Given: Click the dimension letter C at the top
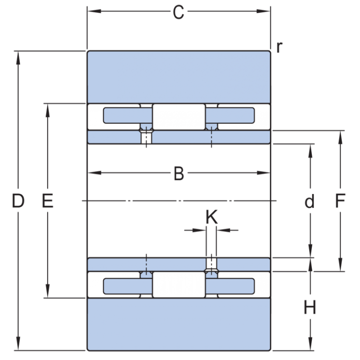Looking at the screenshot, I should click(x=179, y=13).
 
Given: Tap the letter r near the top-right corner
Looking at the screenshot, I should click(x=279, y=47).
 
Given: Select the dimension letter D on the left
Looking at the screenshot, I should click(x=18, y=201).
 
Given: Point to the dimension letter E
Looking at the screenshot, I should click(x=47, y=201).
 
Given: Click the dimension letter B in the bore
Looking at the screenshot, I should click(x=179, y=174).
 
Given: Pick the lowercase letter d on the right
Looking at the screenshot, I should click(x=309, y=202).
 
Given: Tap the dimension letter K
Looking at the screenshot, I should click(x=211, y=217).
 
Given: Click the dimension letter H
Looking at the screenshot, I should click(x=310, y=308).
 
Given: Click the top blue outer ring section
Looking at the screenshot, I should click(x=179, y=76).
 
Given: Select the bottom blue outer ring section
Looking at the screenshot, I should click(x=179, y=324).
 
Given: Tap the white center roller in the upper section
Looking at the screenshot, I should click(x=179, y=117).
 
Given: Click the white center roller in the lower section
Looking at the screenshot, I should click(x=179, y=284).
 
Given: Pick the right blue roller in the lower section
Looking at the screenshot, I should click(x=236, y=285).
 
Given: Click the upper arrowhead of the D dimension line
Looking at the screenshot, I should click(x=18, y=57).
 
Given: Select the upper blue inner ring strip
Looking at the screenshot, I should click(x=179, y=137).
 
